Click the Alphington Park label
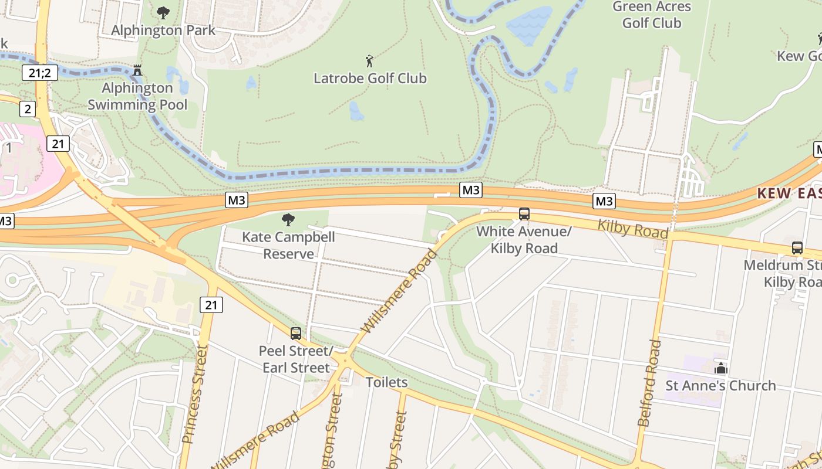tap(163, 30)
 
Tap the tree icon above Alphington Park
tap(163, 12)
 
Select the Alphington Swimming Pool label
tap(137, 96)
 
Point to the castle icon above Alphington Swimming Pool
tap(137, 70)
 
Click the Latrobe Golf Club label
tap(370, 78)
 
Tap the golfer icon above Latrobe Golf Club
tap(369, 60)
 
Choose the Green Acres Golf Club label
tap(652, 15)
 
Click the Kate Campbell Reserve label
tap(288, 245)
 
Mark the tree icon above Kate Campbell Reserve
tap(288, 220)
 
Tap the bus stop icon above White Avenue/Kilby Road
tap(524, 214)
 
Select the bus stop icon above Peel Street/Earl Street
tap(296, 334)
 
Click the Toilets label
tap(386, 382)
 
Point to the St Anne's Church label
tap(720, 385)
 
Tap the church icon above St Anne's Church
tap(720, 368)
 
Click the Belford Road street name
tap(649, 383)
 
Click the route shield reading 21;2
tap(39, 73)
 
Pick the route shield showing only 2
tap(27, 108)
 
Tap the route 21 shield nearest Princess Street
tap(211, 304)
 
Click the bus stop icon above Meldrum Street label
tap(797, 247)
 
